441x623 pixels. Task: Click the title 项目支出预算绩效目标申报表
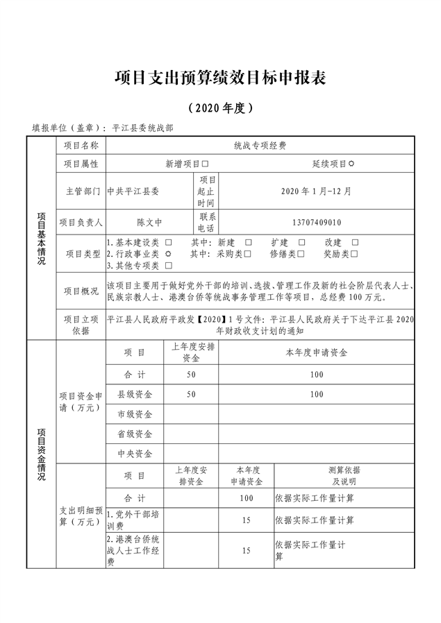pos(220,78)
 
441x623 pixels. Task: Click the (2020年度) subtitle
pos(220,108)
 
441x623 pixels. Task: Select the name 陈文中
pos(149,223)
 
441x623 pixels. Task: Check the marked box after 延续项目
pos(351,164)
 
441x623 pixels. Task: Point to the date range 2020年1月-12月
pos(317,191)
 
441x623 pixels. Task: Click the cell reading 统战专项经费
pos(260,146)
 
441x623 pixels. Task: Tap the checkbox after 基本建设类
pos(168,243)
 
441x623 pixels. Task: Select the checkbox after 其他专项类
pos(168,265)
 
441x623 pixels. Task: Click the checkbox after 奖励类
pos(355,254)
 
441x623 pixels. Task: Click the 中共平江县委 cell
pos(133,191)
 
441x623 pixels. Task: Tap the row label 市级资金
pos(134,414)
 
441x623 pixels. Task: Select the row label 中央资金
pos(134,454)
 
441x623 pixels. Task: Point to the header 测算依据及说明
pos(344,476)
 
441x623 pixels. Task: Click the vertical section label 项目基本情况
pos(41,239)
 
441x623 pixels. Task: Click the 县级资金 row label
pos(134,394)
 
